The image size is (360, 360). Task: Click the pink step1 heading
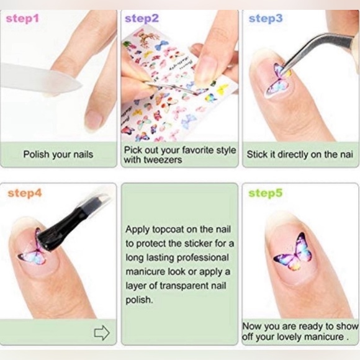[23, 19]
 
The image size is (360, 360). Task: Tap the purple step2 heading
[142, 19]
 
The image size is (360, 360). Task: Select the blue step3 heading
[266, 19]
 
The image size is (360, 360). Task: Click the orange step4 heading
[25, 193]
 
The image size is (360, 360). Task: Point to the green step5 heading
[266, 193]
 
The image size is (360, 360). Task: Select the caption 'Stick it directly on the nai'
[300, 154]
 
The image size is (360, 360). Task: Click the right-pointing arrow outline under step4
[101, 333]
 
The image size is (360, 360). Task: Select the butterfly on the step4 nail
[32, 252]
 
